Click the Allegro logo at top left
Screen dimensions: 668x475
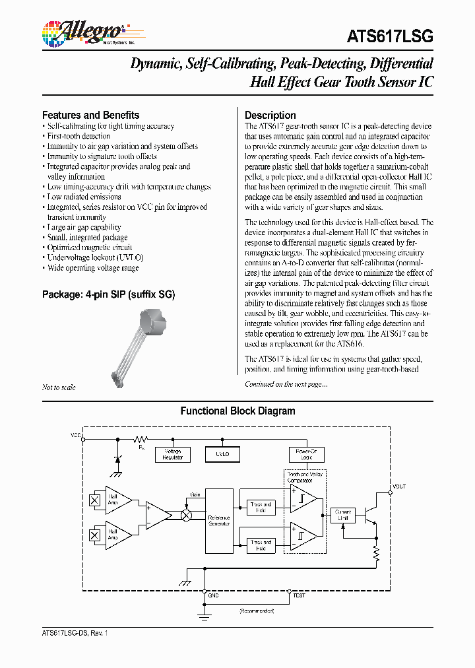click(x=83, y=33)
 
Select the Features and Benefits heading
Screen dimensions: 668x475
click(x=90, y=115)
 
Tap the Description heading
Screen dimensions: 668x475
click(x=270, y=115)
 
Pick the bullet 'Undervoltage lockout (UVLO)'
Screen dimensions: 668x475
click(x=95, y=257)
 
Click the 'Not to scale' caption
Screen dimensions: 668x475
click(x=59, y=387)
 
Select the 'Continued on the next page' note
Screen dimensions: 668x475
click(x=286, y=384)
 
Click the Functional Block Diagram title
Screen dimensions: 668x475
click(x=237, y=411)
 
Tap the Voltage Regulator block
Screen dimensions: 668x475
click(x=172, y=455)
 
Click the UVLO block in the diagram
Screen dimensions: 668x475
click(x=222, y=454)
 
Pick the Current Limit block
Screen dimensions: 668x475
click(x=343, y=515)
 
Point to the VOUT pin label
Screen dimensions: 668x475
click(x=399, y=486)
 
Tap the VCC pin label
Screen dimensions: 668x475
click(x=76, y=436)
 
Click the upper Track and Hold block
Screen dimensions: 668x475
click(x=260, y=507)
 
